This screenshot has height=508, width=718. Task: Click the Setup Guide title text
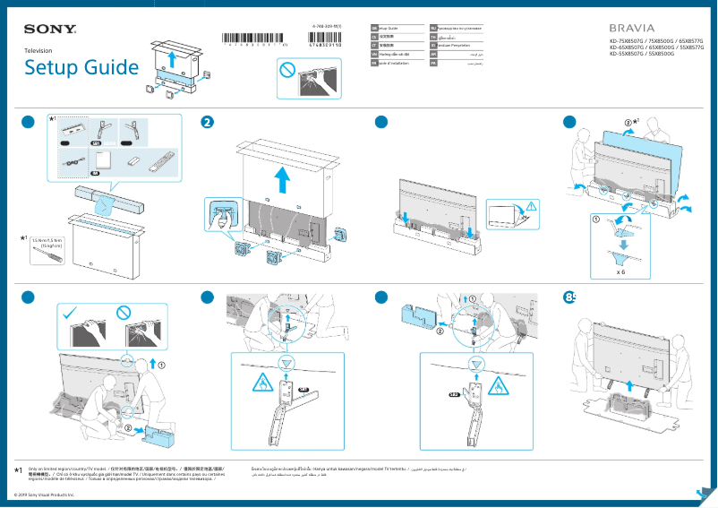[x=81, y=68]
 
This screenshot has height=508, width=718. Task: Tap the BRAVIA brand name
[x=631, y=29]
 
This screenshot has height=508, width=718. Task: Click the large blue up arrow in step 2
[x=283, y=179]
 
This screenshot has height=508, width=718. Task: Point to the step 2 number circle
[x=208, y=123]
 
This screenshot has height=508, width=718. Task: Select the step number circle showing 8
[x=570, y=297]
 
